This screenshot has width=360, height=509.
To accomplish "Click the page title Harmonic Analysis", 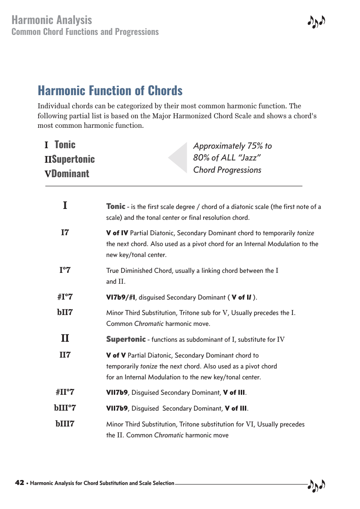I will (x=52, y=20).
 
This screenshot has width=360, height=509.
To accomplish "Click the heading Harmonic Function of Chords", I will (x=110, y=91).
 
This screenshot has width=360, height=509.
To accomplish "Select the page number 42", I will (x=19, y=483).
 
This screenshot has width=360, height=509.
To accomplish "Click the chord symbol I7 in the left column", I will (x=65, y=233).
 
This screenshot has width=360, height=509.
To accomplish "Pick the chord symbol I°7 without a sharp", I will (x=65, y=271).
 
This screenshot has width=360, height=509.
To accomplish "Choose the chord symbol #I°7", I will (x=65, y=297).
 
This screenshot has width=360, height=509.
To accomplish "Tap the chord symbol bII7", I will (x=65, y=313).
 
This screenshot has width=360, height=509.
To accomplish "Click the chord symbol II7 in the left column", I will (x=65, y=355).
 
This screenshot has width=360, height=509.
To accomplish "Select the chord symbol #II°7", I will (x=65, y=392).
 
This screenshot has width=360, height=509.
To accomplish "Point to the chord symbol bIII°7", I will (x=65, y=408).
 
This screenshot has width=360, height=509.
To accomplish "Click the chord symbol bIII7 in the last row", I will (x=65, y=424).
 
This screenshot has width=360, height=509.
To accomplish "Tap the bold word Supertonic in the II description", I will (x=126, y=339).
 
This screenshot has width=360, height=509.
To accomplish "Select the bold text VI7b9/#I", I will (x=121, y=298).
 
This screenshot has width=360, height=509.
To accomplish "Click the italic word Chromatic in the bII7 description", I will (x=148, y=324).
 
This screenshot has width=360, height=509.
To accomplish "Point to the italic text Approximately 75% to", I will (x=232, y=146).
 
